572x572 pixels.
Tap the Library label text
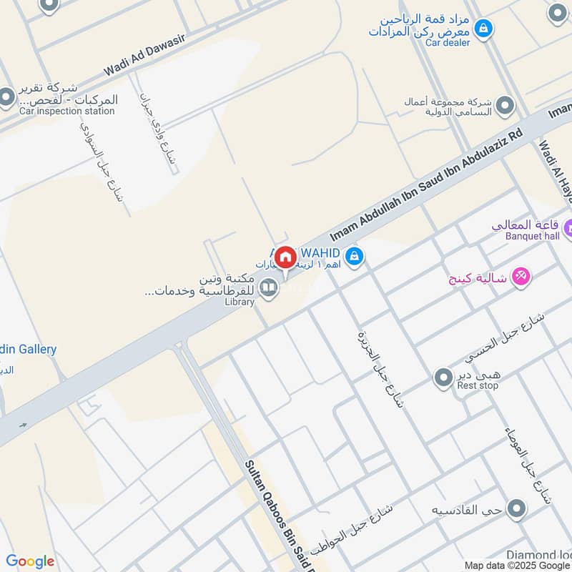240,302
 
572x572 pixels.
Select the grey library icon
269,288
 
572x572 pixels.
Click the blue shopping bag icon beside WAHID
354,255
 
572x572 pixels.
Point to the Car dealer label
448,43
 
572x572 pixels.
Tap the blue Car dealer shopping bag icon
484,28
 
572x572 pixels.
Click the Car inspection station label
66,111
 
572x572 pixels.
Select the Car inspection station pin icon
6,97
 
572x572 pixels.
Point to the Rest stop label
478,385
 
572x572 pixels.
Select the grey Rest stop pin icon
444,376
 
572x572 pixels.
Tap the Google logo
30,561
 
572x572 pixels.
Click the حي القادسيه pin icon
516,509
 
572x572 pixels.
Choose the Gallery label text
32,350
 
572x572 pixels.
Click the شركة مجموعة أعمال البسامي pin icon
506,106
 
